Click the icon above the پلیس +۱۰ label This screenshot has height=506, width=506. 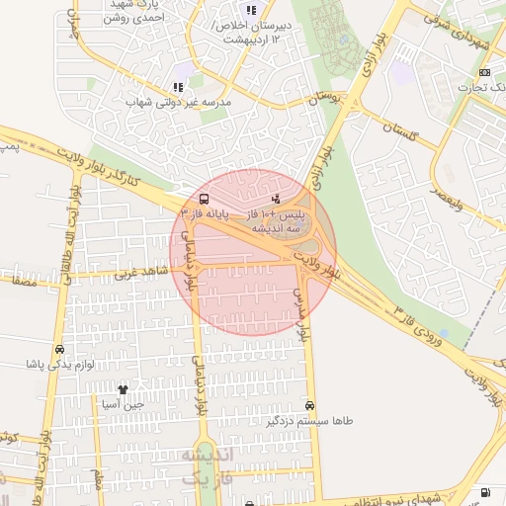pos(274,198)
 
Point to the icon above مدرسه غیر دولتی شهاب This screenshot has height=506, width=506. pos(178,87)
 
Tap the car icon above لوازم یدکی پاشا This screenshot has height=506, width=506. pos(60,349)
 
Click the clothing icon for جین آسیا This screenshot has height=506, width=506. pos(124,389)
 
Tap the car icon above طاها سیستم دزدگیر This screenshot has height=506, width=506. pos(310,405)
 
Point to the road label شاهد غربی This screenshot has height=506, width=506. pos(141,272)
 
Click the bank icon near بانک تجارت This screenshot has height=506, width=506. pos(483,72)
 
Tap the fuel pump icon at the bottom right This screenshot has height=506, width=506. pos(483,493)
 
